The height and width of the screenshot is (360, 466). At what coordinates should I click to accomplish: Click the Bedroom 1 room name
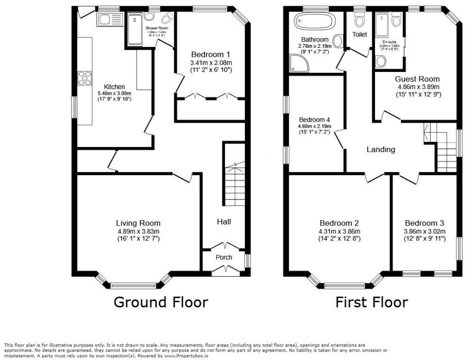coord(211,54)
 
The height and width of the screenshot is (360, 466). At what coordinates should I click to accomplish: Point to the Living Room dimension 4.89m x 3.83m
coord(138,231)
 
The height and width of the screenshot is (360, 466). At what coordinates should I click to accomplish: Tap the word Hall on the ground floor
coord(224,221)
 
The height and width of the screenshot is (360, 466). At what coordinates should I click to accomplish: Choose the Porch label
coord(224,257)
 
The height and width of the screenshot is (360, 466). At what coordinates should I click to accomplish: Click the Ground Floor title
coord(161,302)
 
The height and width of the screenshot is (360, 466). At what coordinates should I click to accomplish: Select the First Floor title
coord(371,302)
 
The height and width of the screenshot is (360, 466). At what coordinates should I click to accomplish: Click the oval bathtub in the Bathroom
coord(314,22)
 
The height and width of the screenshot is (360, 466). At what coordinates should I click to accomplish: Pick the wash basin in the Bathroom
coord(339,41)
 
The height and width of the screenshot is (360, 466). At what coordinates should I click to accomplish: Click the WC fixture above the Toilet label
coord(359,20)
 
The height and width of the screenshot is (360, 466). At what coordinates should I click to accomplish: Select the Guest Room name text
coord(418,79)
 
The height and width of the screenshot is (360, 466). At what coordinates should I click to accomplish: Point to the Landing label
coord(381,150)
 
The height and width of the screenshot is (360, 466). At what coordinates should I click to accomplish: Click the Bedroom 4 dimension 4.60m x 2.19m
coord(314,126)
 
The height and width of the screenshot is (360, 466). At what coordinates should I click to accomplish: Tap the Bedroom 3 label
coord(424,224)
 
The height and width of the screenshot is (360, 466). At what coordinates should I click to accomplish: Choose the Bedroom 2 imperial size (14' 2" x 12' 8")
coord(339,239)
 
